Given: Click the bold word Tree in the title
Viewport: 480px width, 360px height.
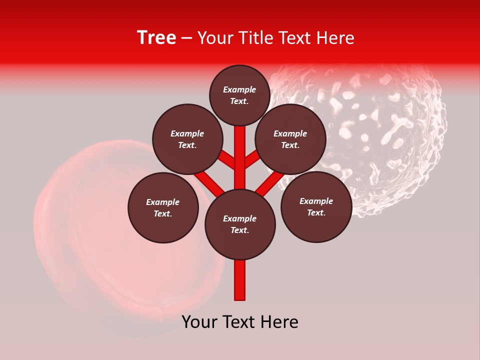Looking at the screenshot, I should [x=156, y=38].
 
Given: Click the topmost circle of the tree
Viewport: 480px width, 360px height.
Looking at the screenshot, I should [x=239, y=95].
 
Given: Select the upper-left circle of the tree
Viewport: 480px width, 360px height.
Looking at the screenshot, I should [x=187, y=139].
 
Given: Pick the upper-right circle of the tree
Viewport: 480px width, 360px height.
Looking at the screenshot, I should [x=290, y=139].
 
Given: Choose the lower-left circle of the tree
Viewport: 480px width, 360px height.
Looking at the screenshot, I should [x=163, y=207].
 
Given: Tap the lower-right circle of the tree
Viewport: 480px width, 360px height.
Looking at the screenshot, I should [x=316, y=206].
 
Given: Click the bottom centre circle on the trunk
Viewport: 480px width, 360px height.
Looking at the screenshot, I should [x=240, y=224].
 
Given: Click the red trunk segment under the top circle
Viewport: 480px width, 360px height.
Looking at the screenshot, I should [x=240, y=150].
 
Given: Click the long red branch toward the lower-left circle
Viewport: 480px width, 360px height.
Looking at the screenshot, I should [x=209, y=182].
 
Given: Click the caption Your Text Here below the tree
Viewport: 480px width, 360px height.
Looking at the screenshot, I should [x=240, y=322].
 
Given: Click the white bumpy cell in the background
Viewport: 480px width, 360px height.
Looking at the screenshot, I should [x=390, y=125].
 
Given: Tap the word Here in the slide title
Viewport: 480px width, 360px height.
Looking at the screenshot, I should [x=336, y=38].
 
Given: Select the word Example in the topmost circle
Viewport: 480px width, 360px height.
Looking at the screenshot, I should [x=239, y=89].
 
